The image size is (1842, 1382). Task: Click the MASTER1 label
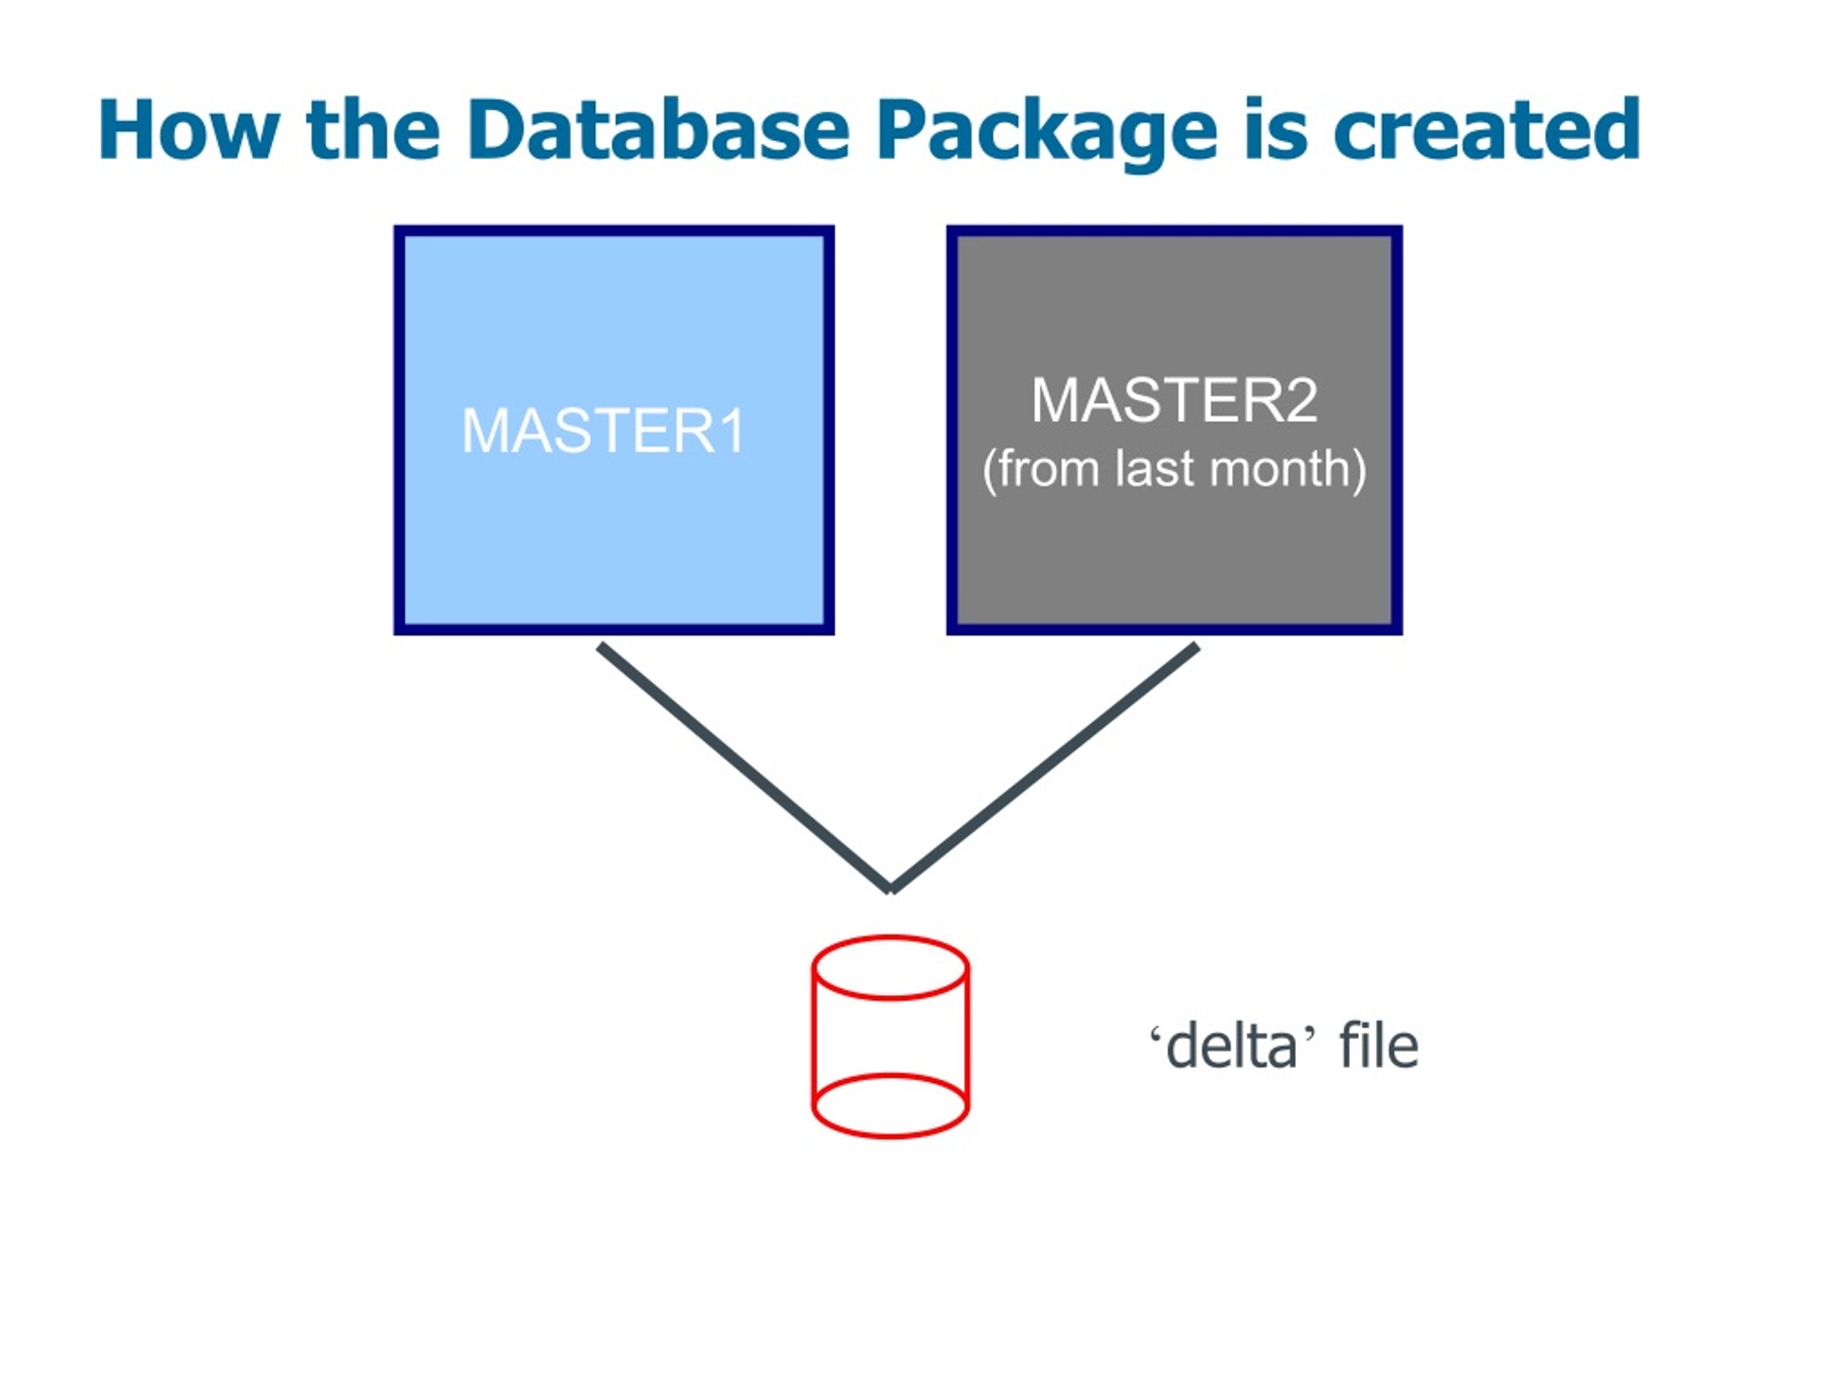point(604,430)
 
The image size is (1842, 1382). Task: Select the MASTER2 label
point(1174,401)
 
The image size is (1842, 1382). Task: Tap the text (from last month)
point(1174,470)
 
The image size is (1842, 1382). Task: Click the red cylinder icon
point(890,1037)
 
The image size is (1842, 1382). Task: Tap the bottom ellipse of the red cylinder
point(890,1138)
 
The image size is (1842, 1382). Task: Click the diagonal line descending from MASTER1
point(745,767)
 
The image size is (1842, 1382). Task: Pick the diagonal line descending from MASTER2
point(1044,767)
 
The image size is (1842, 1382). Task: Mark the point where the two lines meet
point(891,890)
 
